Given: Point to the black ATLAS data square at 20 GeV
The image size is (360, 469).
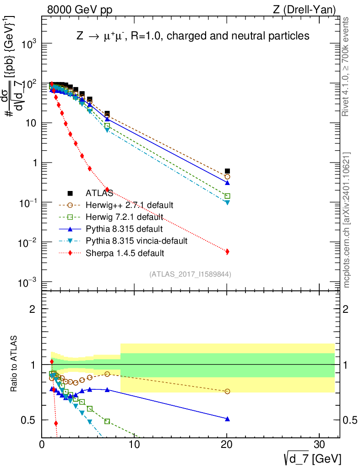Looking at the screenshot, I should tap(227, 171).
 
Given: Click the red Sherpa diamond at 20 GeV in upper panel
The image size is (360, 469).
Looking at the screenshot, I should tap(227, 251).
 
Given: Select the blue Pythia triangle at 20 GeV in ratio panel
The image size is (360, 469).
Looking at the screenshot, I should tap(227, 419).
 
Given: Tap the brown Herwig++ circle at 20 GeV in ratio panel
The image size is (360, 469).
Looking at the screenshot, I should tap(227, 391).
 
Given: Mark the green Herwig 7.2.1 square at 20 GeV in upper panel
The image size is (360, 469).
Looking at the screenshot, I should tap(227, 196).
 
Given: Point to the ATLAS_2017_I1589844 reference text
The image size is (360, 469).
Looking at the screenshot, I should tap(190, 274).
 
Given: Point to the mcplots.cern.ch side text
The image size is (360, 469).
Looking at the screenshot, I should tap(346, 220).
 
